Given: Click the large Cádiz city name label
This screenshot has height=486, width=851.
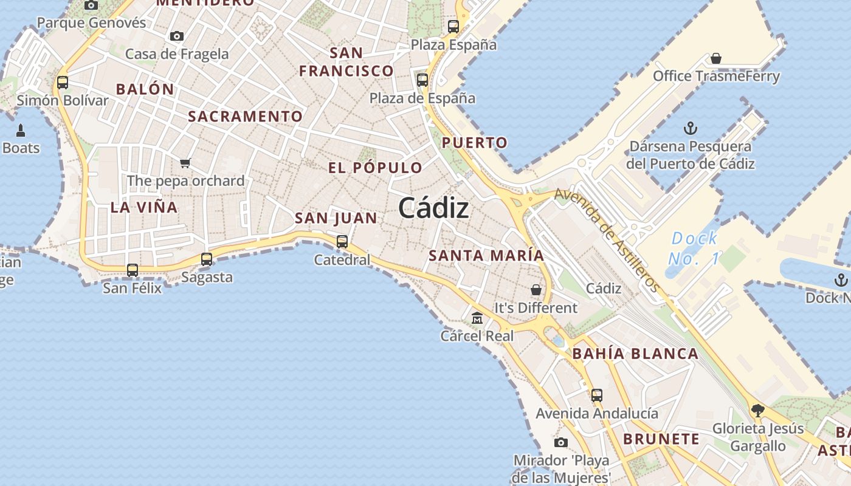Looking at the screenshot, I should click(x=433, y=208).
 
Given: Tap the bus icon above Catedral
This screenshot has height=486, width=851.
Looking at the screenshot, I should click(x=342, y=241).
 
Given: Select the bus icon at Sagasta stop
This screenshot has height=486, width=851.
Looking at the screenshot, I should click(x=207, y=259).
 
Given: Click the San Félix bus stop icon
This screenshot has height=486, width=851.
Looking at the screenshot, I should click(x=133, y=270).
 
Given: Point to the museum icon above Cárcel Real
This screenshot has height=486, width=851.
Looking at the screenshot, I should click(x=477, y=318).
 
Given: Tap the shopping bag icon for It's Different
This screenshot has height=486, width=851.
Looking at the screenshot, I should click(x=536, y=290).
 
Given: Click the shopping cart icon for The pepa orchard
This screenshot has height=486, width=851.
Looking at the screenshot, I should click(x=185, y=163).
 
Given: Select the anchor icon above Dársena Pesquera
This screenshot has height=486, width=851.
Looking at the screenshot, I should click(x=690, y=128).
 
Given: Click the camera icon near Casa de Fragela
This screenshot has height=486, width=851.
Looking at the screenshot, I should click(x=177, y=36).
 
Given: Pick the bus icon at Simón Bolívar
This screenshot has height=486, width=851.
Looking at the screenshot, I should click(x=63, y=82).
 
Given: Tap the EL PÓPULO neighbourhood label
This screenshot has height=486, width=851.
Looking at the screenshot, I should click(x=375, y=168).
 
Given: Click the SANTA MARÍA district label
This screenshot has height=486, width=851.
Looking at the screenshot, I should click(x=486, y=255).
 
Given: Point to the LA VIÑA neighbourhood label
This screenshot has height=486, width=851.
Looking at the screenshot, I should click(x=144, y=207).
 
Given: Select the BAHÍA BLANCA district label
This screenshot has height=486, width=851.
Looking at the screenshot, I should click(x=635, y=354).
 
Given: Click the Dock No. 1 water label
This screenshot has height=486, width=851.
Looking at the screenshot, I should click(x=694, y=248).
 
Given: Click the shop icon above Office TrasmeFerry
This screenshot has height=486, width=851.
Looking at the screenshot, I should click(x=716, y=58).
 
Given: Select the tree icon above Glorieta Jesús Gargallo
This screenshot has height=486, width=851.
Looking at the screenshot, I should click(x=757, y=410).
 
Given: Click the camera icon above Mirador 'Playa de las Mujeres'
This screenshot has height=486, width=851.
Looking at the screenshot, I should click(x=561, y=442).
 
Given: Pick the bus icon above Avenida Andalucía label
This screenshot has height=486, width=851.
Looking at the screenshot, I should click(x=596, y=395).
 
